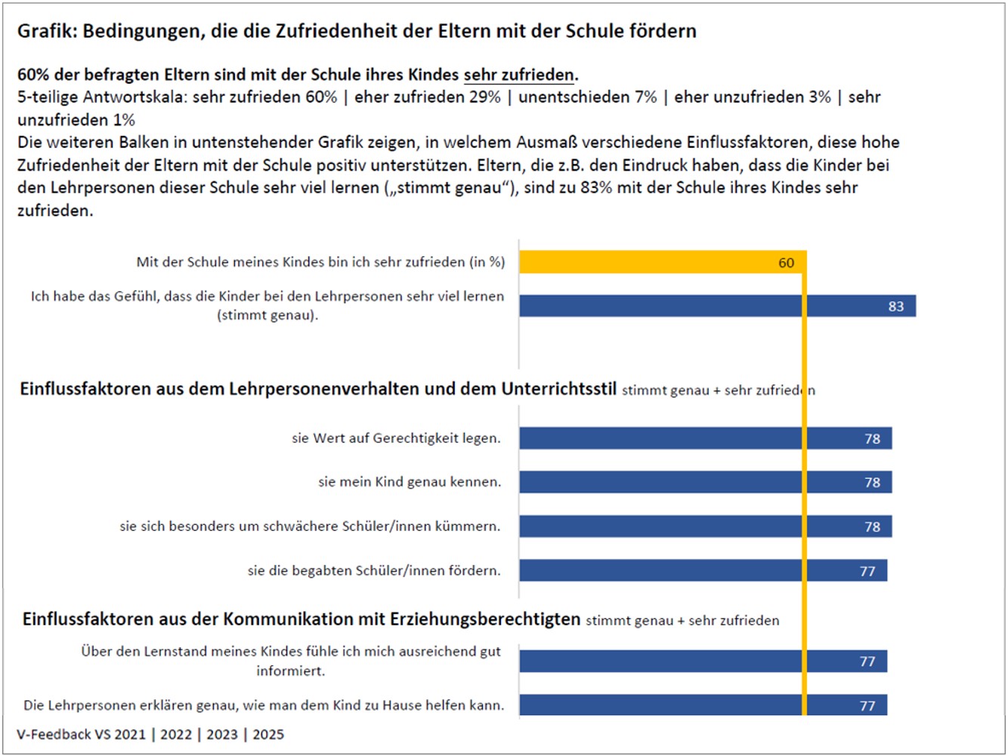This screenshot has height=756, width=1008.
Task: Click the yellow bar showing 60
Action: coord(657,262)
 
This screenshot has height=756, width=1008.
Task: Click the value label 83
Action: coord(896,307)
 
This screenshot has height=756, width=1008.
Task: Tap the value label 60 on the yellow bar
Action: coord(787,263)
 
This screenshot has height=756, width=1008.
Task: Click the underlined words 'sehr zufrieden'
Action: coord(519,75)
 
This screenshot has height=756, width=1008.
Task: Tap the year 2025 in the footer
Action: coord(268,734)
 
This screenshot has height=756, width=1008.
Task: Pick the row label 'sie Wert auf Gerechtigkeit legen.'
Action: coord(396,438)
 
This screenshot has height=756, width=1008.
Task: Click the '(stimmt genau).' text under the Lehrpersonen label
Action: coord(267,315)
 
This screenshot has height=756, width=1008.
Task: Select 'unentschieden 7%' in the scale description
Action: coord(588,97)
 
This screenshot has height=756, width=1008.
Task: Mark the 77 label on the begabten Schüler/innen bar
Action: coord(867,571)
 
